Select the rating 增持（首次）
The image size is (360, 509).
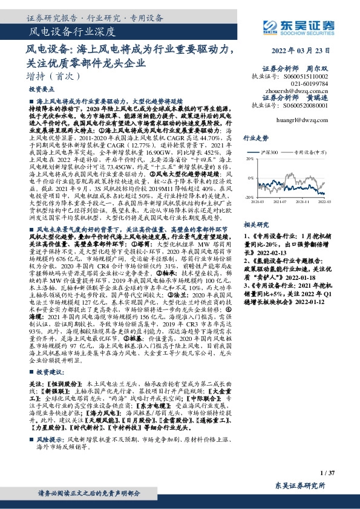pyautogui.click(x=45, y=76)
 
